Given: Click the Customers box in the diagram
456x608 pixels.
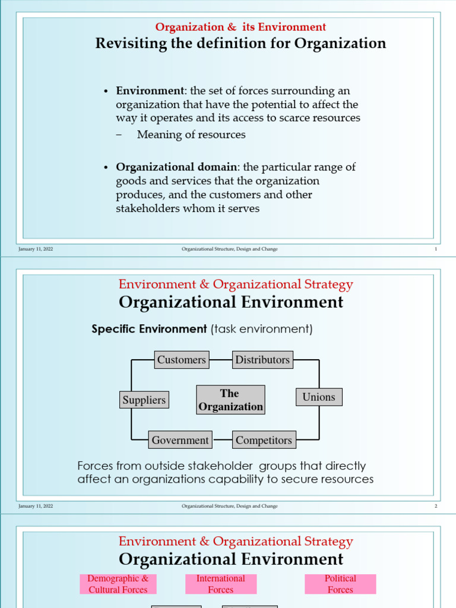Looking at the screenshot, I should point(182,360).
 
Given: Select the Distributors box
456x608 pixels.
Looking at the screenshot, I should point(262,360).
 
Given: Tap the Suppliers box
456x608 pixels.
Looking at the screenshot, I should point(144,400).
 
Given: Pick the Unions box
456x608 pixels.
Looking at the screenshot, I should point(319,397).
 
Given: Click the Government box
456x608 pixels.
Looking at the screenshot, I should point(180,441).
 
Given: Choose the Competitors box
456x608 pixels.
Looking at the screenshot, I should point(264,441).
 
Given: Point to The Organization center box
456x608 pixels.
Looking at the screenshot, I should point(230,400).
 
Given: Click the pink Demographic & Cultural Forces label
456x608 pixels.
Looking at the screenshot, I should point(118,584).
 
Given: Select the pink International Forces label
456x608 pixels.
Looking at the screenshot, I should point(220,584).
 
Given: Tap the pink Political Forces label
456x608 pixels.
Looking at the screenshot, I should point(340,584).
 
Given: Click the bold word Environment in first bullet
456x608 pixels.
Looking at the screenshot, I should point(150,91).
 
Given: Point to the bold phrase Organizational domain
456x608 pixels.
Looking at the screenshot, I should point(176,167).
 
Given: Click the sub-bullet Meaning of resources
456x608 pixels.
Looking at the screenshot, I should point(191,135).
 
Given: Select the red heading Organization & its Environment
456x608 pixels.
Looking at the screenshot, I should point(240,27).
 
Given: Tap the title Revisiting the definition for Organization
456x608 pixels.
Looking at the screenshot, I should point(240,43).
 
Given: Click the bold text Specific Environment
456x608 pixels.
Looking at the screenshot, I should point(149,329).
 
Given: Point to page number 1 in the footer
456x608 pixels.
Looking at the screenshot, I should point(436,249).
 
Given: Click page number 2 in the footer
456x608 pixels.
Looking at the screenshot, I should point(436,506).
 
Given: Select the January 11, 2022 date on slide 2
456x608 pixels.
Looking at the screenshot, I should point(36,506).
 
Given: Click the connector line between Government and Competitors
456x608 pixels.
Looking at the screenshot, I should point(222,440).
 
